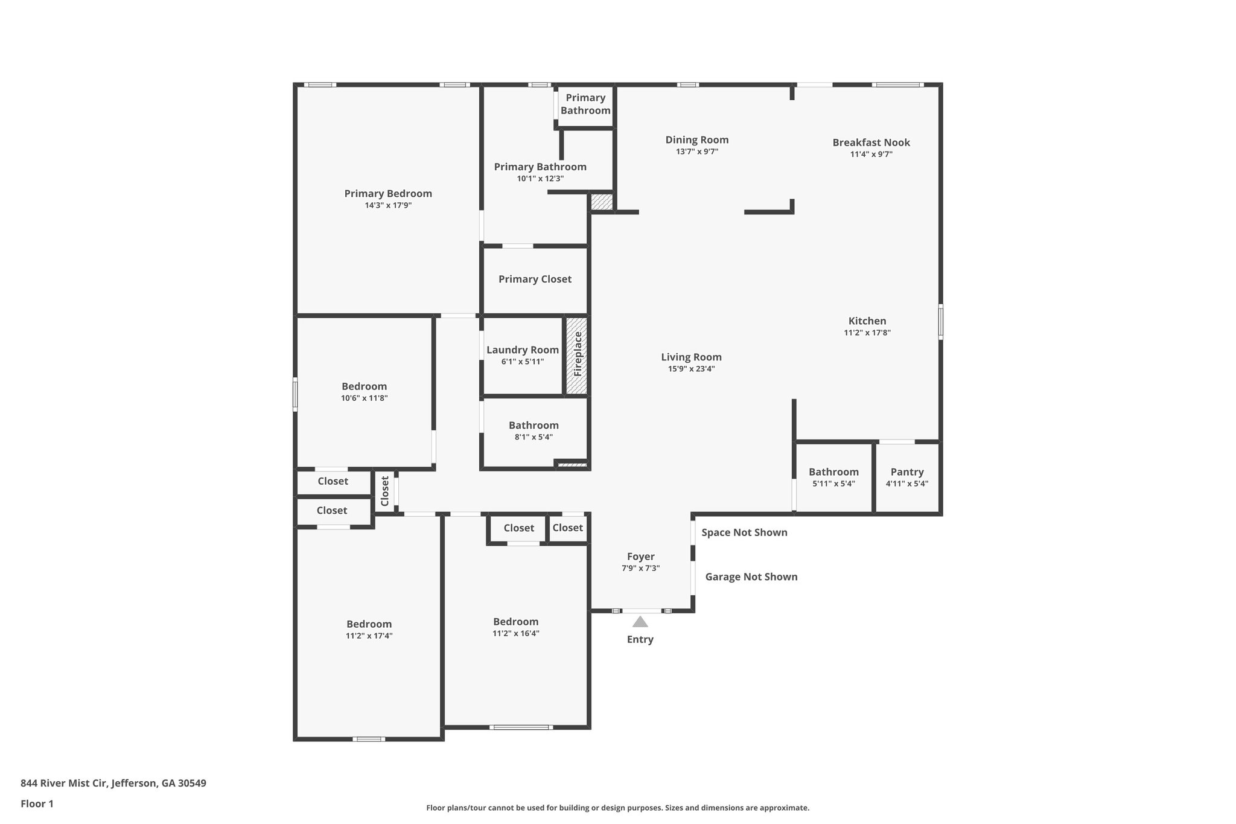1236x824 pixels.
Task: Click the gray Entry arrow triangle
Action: click(640, 622)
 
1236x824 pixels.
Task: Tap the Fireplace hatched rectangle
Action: click(576, 356)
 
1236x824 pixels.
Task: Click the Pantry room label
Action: click(906, 472)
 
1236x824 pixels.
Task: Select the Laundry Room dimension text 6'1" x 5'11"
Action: click(522, 362)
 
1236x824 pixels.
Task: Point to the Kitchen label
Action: click(867, 321)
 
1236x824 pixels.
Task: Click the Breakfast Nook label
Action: click(871, 142)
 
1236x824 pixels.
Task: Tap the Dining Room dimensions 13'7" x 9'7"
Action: click(697, 152)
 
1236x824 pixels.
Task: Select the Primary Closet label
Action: click(535, 279)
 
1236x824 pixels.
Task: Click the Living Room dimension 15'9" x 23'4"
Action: click(691, 369)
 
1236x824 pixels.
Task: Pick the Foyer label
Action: click(640, 557)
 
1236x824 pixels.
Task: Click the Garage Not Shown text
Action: click(751, 576)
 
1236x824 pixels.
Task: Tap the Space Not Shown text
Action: click(744, 532)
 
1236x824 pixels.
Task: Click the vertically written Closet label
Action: click(385, 491)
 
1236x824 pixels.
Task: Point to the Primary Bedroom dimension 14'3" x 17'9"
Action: click(388, 205)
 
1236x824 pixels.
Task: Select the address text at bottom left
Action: click(113, 784)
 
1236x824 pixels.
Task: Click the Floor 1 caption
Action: click(37, 803)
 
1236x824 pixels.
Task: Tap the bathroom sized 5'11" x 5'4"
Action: click(833, 477)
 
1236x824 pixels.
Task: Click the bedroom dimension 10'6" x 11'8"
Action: click(364, 398)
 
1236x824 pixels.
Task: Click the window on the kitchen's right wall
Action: click(940, 321)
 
